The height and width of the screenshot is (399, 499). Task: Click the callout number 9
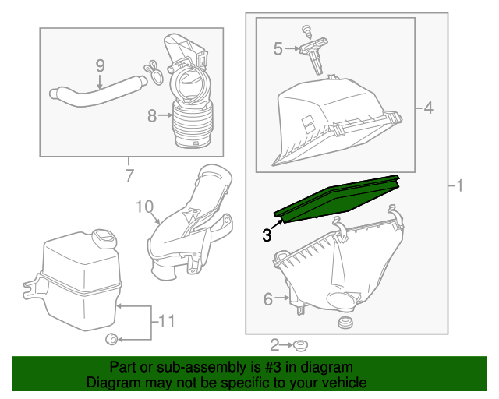(x=100, y=65)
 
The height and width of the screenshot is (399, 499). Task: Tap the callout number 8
(x=152, y=116)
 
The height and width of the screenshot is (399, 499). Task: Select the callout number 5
(x=278, y=49)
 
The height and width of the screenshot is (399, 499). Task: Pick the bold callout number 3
(x=267, y=234)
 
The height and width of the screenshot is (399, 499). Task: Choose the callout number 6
(x=267, y=298)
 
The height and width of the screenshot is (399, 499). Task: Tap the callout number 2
(x=274, y=344)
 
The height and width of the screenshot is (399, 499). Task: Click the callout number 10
(x=144, y=207)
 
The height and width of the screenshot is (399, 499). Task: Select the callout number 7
(x=129, y=175)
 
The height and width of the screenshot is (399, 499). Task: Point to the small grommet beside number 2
(x=299, y=344)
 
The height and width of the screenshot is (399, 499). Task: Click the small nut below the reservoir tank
(x=111, y=338)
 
